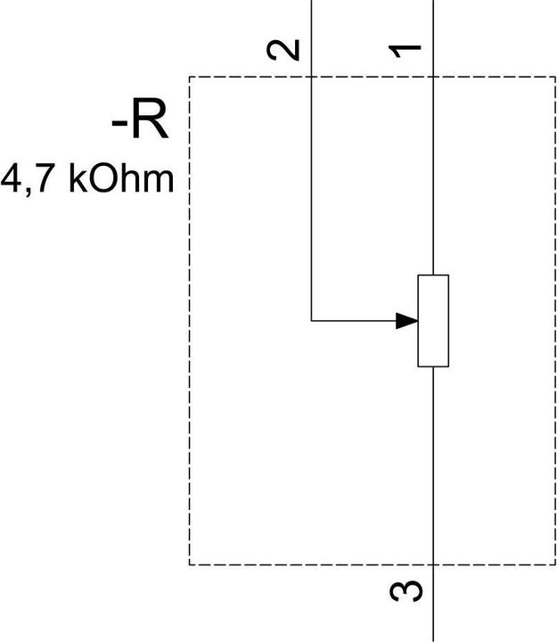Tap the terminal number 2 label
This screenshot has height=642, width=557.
[x=285, y=50]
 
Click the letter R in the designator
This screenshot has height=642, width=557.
[x=148, y=122]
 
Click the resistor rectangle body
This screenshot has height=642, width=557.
[x=433, y=321]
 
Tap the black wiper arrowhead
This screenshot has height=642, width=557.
[x=407, y=320]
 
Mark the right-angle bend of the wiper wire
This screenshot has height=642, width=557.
[x=311, y=319]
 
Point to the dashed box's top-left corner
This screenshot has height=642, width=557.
[x=190, y=78]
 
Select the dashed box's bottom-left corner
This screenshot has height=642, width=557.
[x=190, y=564]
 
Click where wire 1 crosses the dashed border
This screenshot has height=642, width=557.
[x=433, y=78]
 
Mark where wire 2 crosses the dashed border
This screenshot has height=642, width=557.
[x=311, y=78]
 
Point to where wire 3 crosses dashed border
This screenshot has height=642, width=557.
[x=433, y=564]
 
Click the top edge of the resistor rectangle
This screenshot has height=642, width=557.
[x=433, y=276]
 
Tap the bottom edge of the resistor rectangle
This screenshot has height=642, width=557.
[x=433, y=366]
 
